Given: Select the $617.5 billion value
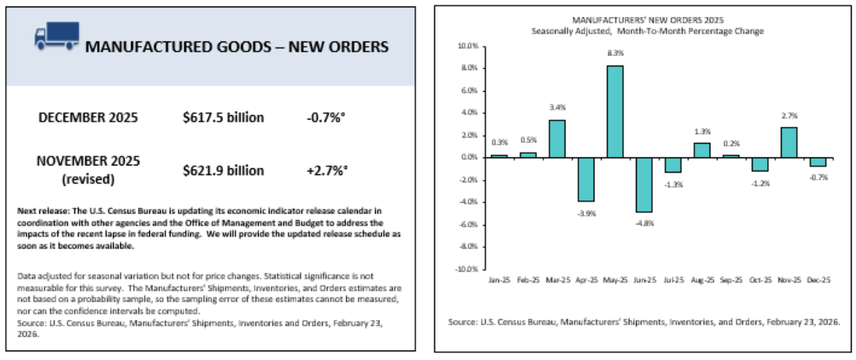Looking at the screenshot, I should tap(223, 117).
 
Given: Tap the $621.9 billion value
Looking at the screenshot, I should tap(223, 170).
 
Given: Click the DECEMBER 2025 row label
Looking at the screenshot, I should tap(87, 117).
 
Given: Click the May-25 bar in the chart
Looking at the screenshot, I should tap(616, 111).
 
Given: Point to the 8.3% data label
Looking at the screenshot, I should tap(616, 53).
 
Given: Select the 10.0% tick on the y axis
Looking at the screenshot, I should tap(466, 46).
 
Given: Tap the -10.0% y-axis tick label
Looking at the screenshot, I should tap(465, 269).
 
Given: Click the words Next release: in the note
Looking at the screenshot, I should tap(38, 211).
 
